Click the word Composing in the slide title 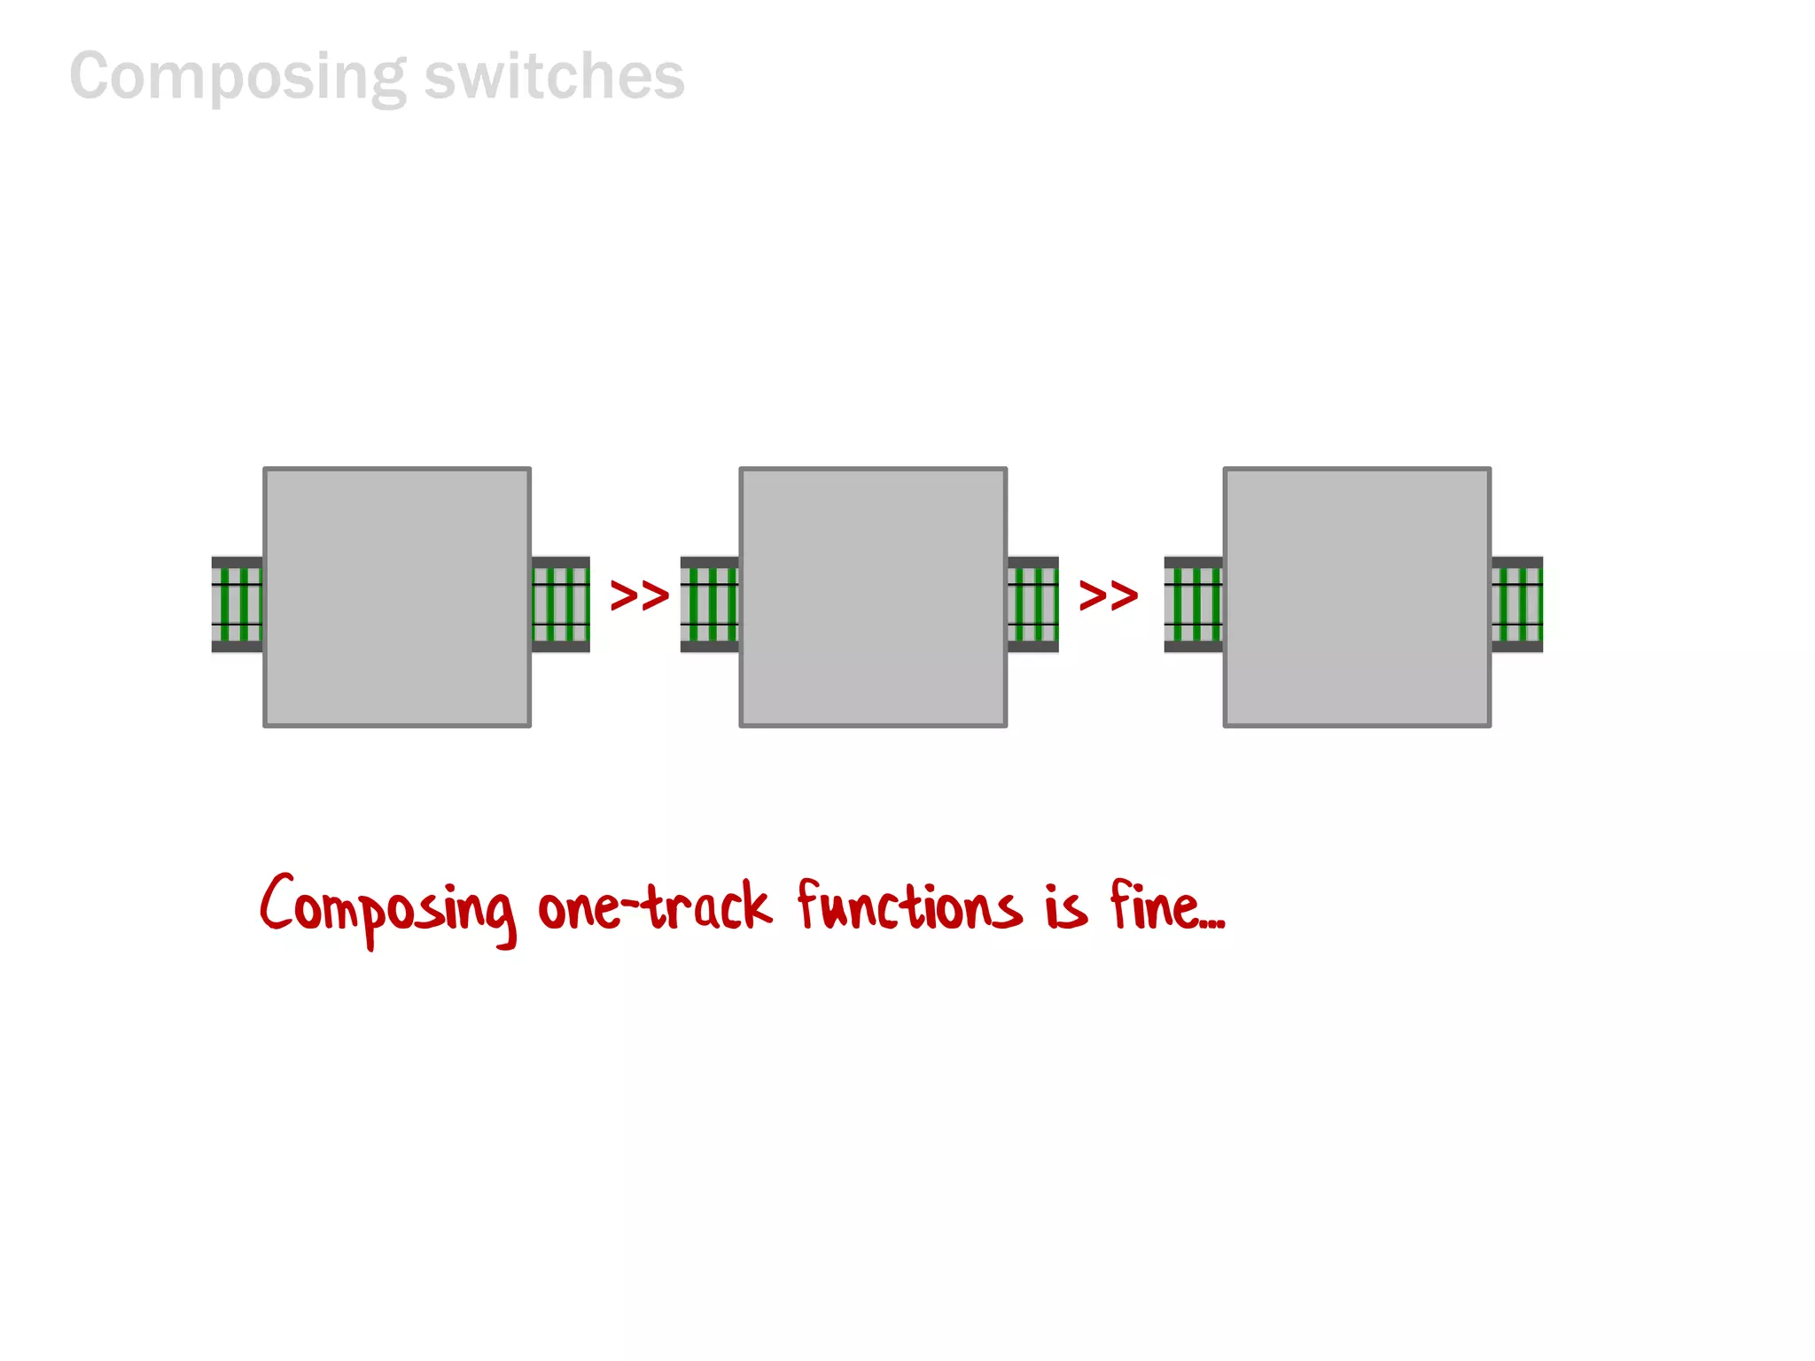[x=238, y=77]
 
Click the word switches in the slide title [x=554, y=77]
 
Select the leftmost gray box [x=397, y=597]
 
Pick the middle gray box [x=873, y=597]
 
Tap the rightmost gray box [x=1357, y=597]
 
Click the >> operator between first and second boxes [x=639, y=595]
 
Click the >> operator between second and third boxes [x=1108, y=595]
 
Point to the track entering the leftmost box [x=237, y=604]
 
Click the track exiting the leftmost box [x=560, y=604]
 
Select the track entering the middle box [x=709, y=604]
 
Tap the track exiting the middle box [x=1032, y=604]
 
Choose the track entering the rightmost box [x=1193, y=604]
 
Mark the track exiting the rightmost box [x=1516, y=604]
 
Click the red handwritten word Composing [x=387, y=908]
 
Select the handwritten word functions [x=908, y=906]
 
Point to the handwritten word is [x=1065, y=907]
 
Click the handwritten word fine [x=1155, y=906]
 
